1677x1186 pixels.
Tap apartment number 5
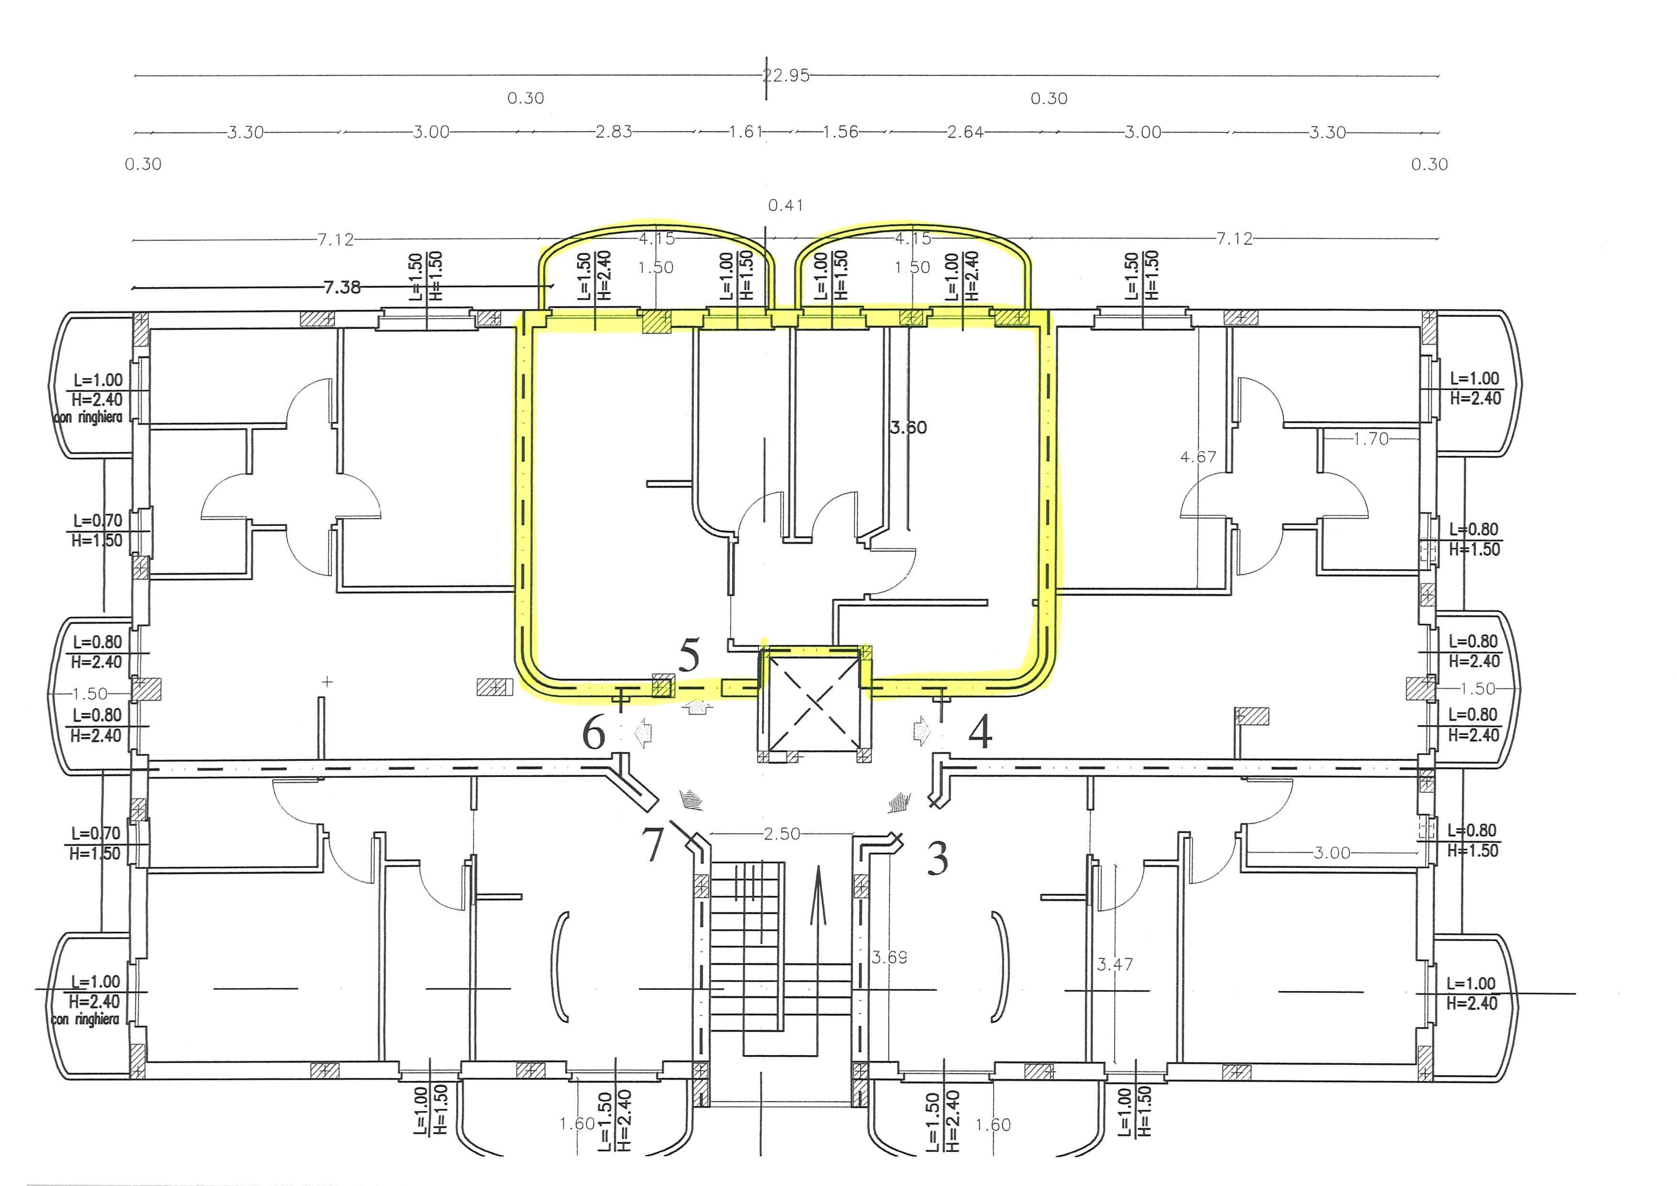coord(689,655)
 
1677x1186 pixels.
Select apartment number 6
coord(594,733)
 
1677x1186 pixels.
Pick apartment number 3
coord(938,858)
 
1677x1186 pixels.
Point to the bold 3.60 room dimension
coord(909,427)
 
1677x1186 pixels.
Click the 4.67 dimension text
coord(1199,457)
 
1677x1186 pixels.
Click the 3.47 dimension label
coord(1115,965)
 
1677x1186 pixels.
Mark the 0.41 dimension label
coord(786,205)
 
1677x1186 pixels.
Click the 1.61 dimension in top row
coord(746,132)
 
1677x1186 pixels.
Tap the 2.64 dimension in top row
coord(965,132)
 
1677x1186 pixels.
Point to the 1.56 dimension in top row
coord(840,132)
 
